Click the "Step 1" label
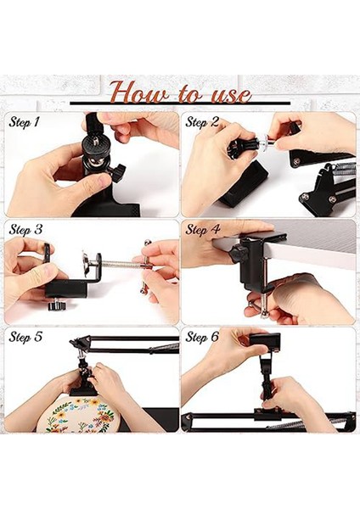(x=24, y=122)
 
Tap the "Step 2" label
(x=202, y=122)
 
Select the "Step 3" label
(x=25, y=230)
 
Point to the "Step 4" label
(x=202, y=230)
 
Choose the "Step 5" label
(x=25, y=337)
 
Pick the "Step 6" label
(x=202, y=337)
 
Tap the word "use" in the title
(x=231, y=94)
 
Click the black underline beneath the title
(x=180, y=103)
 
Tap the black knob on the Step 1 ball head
(x=118, y=171)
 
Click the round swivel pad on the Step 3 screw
(x=87, y=263)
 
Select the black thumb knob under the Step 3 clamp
(x=57, y=305)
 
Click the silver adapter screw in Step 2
(x=267, y=143)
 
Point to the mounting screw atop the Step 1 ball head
(x=96, y=140)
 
